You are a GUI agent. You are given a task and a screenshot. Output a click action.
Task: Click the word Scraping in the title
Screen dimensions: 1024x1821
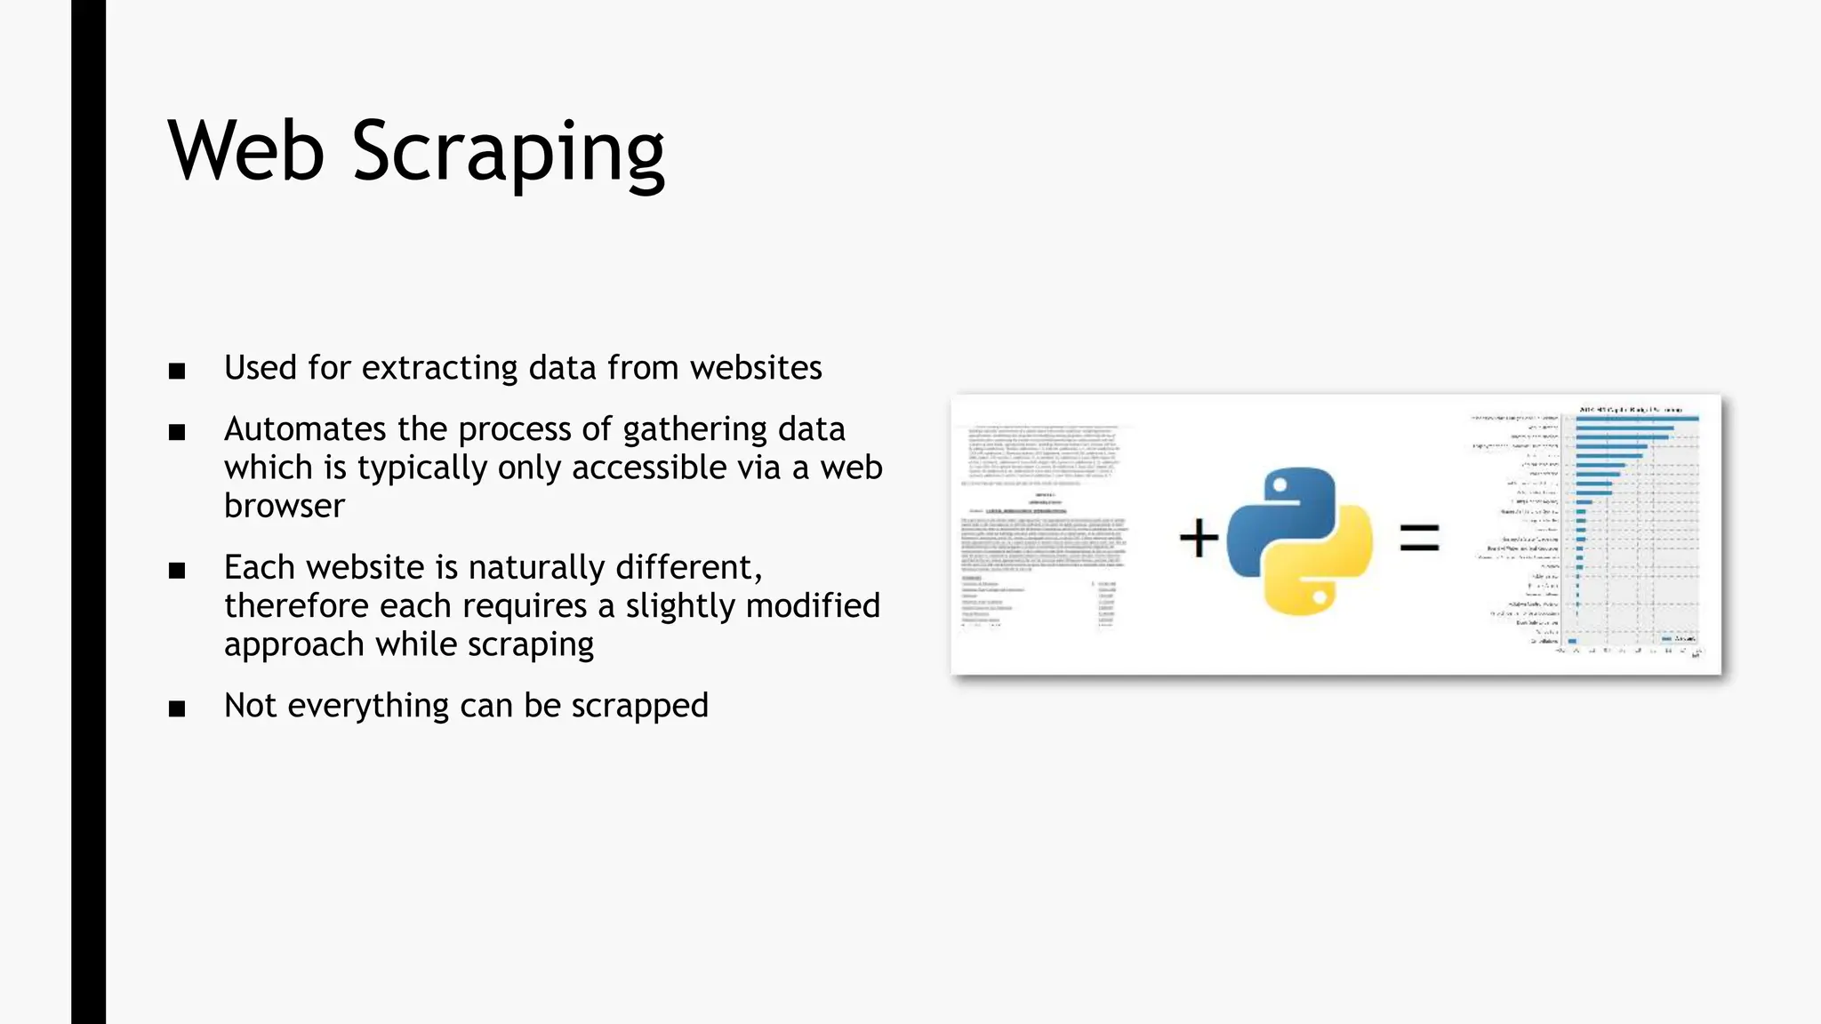pos(508,153)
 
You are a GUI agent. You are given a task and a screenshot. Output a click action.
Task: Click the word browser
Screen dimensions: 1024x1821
pos(285,506)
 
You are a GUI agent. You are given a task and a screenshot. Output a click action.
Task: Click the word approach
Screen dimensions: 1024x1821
pos(293,644)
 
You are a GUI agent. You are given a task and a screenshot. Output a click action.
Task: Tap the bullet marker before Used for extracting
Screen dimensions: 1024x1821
pos(177,371)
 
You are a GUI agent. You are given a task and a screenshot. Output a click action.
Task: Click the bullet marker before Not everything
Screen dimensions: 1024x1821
pos(177,708)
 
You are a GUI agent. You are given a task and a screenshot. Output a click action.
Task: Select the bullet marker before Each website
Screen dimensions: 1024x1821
pos(177,571)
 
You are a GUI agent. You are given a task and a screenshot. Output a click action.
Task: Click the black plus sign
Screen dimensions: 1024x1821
pos(1199,539)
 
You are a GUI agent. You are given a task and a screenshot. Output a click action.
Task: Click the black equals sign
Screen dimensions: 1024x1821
pos(1419,538)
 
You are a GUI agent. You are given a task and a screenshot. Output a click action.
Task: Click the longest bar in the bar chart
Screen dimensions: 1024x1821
pos(1637,419)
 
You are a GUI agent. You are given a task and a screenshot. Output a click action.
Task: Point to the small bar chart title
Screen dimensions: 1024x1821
pos(1630,409)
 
